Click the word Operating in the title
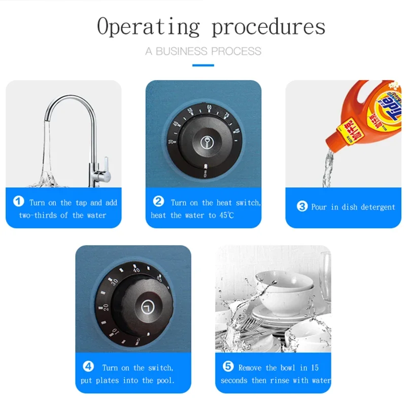point(148,27)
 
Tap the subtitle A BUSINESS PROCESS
point(204,51)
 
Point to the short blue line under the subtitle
point(204,65)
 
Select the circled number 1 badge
point(19,201)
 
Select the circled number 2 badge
point(158,201)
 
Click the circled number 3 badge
point(302,207)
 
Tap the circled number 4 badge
point(88,366)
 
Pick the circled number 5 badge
point(228,366)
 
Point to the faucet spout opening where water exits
point(47,120)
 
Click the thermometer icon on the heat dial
point(207,143)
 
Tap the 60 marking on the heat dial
point(209,108)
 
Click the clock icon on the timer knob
point(148,308)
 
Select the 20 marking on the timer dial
point(106,308)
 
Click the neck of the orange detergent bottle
point(333,141)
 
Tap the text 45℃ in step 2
point(227,215)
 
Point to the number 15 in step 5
point(315,367)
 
